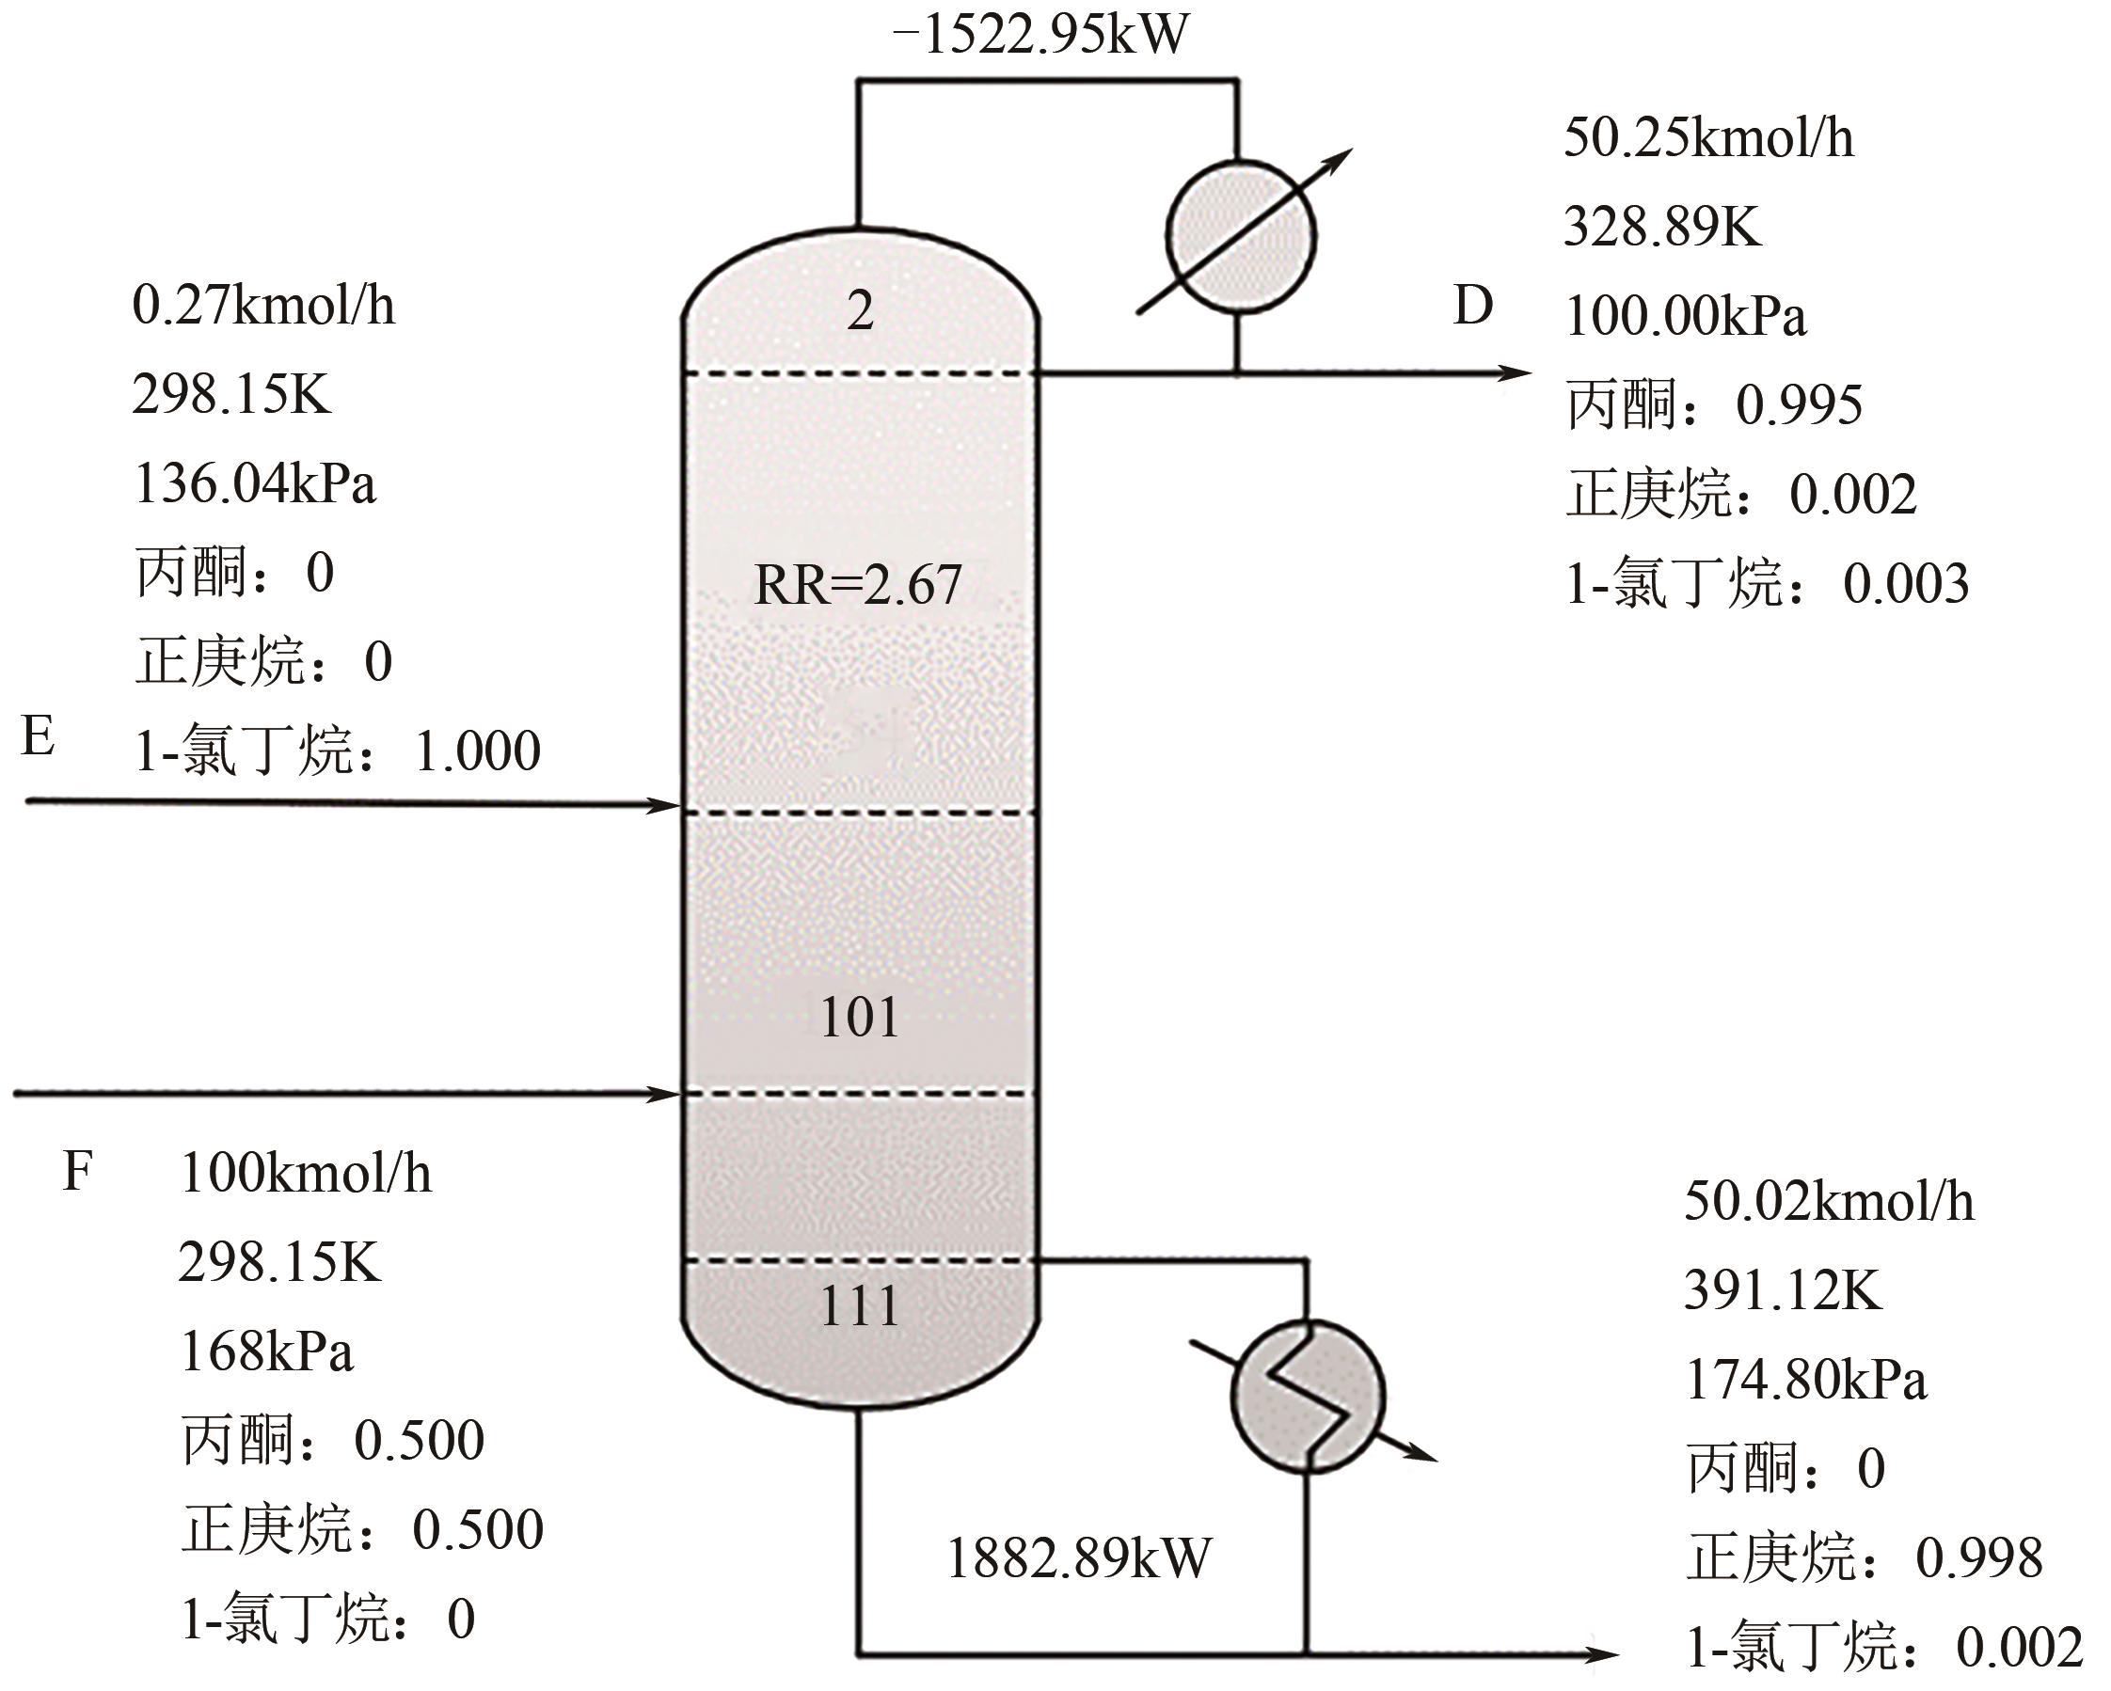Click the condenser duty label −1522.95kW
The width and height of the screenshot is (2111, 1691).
1040,34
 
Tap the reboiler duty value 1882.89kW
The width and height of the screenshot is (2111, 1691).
1079,1558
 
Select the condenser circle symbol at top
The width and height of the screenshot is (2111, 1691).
1241,235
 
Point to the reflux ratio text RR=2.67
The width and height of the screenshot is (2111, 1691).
858,585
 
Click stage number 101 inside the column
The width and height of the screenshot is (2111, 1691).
860,1018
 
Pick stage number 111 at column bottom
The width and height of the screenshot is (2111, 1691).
860,1305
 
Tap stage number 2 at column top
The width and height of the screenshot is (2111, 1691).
860,311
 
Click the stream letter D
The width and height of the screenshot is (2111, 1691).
1472,306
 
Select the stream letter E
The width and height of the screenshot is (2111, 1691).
38,736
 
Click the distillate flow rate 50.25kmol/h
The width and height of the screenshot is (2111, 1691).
1708,138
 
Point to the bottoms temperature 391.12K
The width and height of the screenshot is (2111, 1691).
1782,1290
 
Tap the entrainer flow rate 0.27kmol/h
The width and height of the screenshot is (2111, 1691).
263,306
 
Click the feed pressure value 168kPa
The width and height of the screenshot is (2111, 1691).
266,1351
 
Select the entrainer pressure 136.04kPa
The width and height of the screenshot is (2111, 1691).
255,483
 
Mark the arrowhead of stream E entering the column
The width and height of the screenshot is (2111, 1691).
663,806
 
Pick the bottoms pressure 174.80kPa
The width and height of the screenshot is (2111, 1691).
1805,1380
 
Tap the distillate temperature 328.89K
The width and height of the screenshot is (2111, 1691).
1661,228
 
